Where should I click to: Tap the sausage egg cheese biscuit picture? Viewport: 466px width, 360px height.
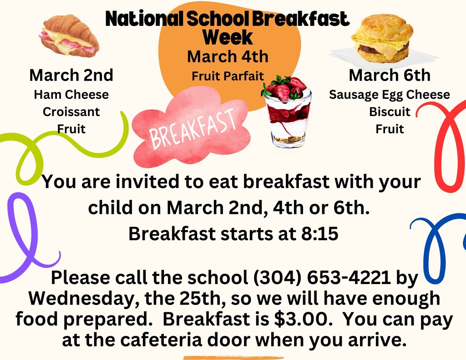pos(382,39)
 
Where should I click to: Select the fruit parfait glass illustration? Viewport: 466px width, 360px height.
pos(288,114)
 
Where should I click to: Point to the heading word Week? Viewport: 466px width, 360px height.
pos(227,37)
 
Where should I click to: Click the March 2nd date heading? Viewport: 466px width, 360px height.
pos(71,75)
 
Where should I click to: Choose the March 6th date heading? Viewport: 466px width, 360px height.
pos(390,75)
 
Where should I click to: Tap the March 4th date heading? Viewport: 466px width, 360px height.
pos(228,57)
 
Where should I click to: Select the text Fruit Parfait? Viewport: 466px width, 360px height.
pos(228,76)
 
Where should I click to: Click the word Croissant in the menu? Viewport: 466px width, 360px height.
pos(71,112)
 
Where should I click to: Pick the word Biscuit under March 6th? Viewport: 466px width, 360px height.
pos(390,112)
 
